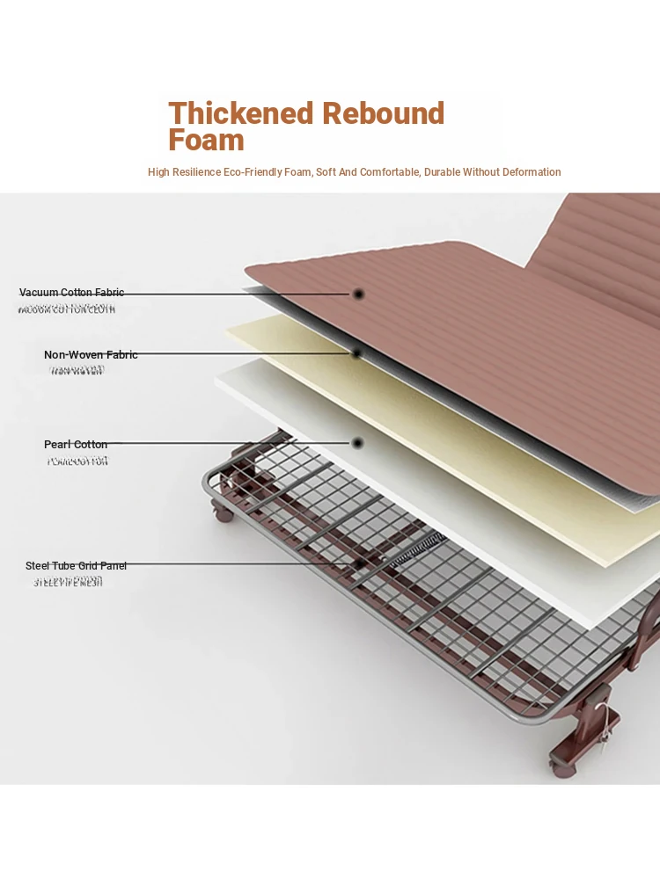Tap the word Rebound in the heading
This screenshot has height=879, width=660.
click(383, 113)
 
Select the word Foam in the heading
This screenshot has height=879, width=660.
click(206, 140)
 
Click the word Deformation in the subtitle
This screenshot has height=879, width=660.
click(526, 172)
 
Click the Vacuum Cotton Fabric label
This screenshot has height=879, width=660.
click(72, 293)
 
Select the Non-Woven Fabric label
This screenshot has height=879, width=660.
click(91, 355)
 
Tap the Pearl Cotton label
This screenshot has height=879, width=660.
click(76, 445)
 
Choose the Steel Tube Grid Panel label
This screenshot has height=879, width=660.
click(76, 566)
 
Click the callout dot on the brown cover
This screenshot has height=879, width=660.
click(358, 294)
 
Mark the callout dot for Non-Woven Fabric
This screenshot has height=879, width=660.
click(357, 353)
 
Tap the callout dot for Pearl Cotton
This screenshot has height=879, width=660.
click(357, 443)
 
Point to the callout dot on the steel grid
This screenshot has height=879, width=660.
click(359, 563)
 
